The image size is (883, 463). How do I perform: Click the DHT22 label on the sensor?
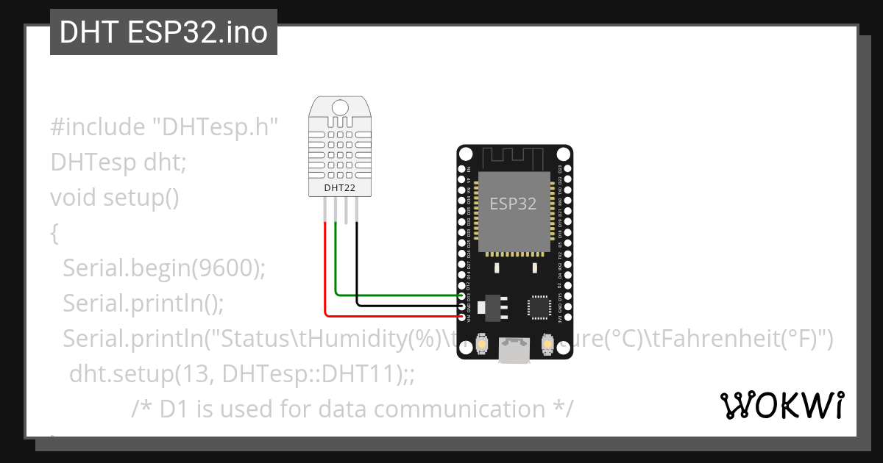pyautogui.click(x=339, y=188)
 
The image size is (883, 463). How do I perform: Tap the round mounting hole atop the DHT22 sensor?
pyautogui.click(x=339, y=107)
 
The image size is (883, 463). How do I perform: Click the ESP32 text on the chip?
pyautogui.click(x=513, y=204)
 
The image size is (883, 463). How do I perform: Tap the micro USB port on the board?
pyautogui.click(x=513, y=350)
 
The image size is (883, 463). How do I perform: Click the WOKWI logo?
pyautogui.click(x=781, y=405)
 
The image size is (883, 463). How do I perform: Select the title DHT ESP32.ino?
pyautogui.click(x=163, y=32)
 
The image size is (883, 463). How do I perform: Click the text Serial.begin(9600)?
pyautogui.click(x=163, y=268)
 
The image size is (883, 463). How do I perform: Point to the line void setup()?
pyautogui.click(x=115, y=197)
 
